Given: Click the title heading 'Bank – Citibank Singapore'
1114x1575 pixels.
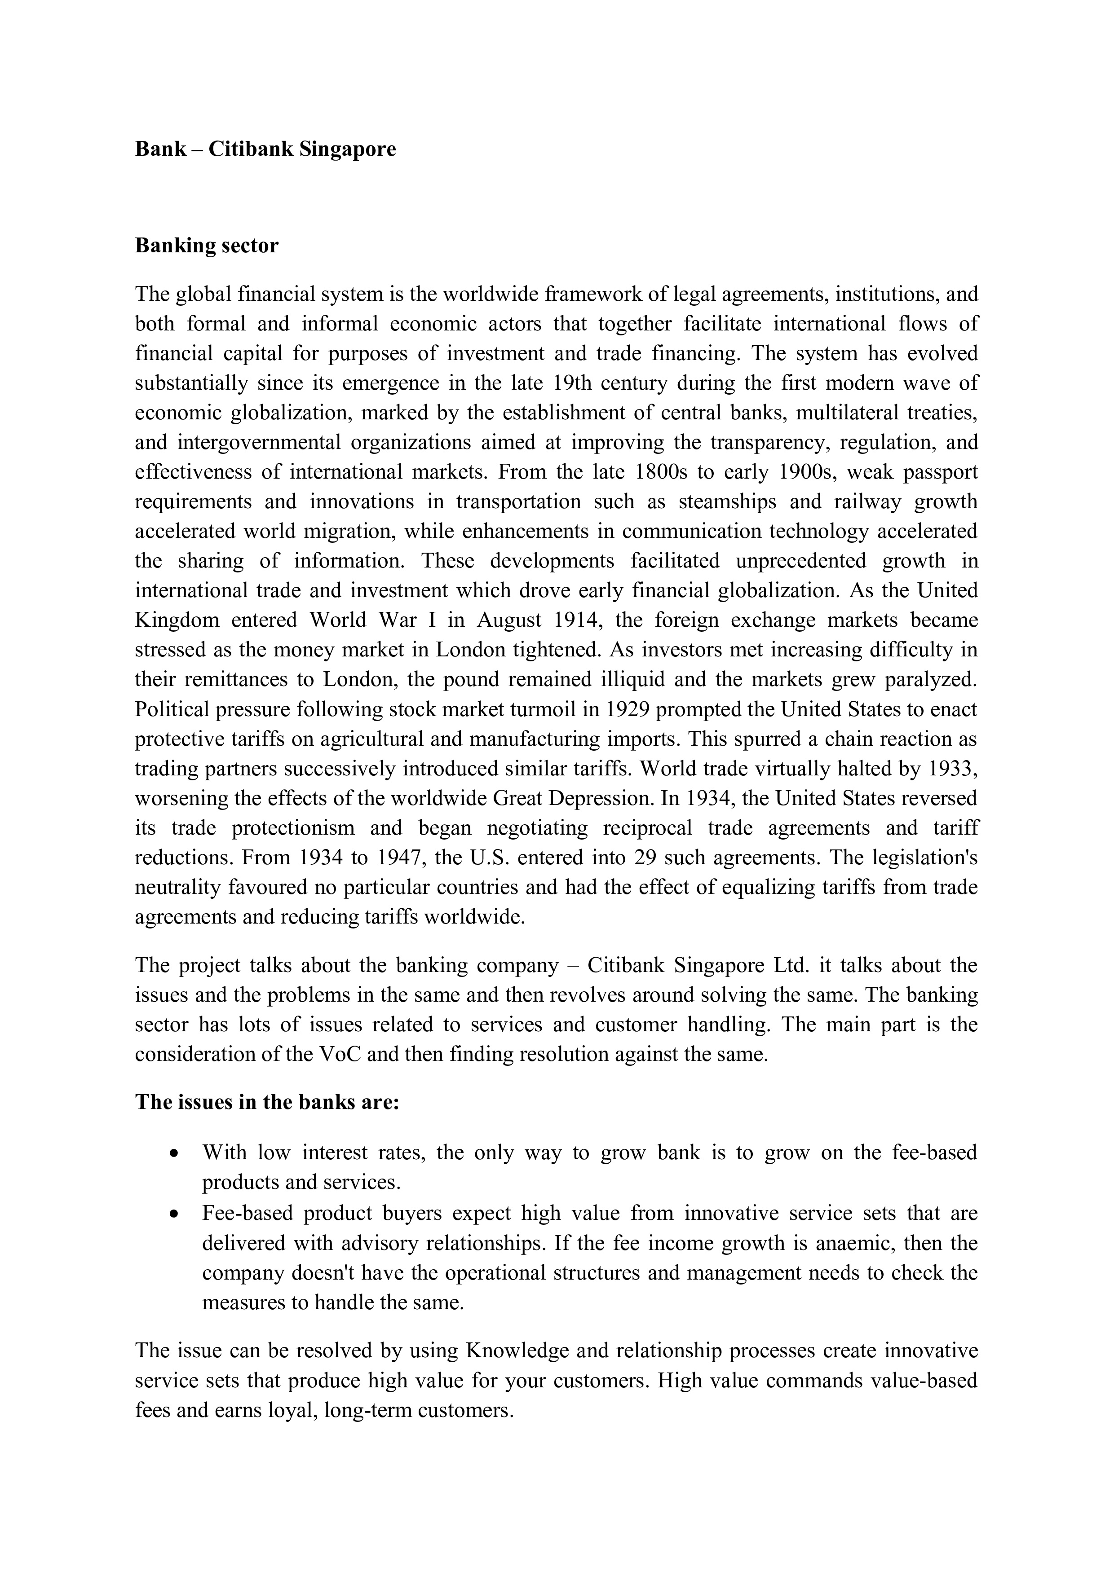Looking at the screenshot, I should click(x=265, y=149).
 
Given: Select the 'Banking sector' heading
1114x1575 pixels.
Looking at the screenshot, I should click(x=207, y=246).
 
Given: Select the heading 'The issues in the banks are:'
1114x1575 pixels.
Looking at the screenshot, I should click(x=267, y=1102).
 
